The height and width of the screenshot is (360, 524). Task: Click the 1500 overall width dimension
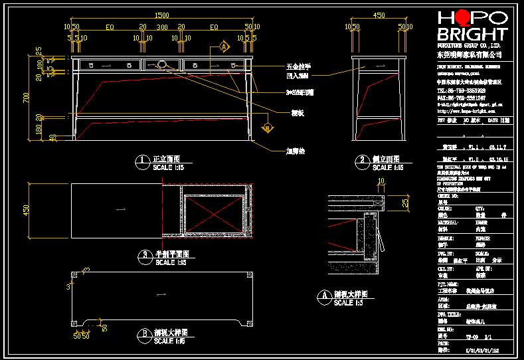pos(161,15)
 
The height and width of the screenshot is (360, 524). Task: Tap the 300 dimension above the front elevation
pos(161,27)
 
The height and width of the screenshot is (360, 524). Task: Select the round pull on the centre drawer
pos(162,64)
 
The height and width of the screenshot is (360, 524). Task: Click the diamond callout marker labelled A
pos(224,47)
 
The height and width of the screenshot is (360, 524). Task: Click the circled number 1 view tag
pos(141,160)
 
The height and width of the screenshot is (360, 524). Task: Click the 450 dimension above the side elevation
pos(379,15)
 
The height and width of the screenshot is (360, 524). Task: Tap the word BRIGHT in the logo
pos(472,34)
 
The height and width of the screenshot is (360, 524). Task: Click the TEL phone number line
pos(461,90)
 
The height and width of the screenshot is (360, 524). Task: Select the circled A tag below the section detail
pos(324,295)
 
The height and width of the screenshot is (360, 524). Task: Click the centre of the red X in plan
pos(213,210)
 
